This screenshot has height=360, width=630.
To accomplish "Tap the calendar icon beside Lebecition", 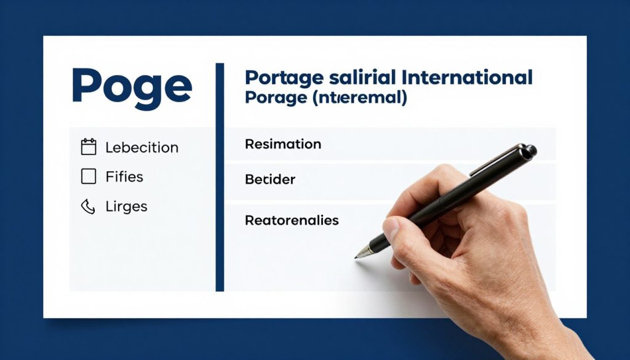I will (89, 147).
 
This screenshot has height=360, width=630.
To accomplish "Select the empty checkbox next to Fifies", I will (89, 177).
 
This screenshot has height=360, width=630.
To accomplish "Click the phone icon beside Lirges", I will (89, 206).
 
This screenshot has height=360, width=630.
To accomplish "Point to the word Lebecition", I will (142, 148).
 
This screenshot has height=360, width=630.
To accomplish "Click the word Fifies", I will (124, 177).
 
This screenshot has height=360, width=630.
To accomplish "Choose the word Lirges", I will (126, 207).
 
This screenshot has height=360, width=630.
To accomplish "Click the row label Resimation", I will (283, 145).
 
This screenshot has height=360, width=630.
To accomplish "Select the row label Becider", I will (270, 180).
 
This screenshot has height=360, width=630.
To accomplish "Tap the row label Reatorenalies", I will (292, 220).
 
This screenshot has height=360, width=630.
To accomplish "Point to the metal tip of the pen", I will (361, 252).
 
